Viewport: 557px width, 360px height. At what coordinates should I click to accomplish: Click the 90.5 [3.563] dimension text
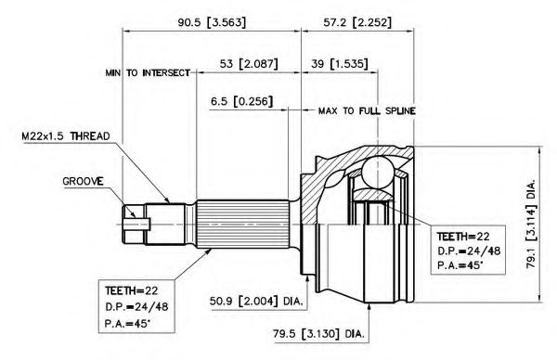(212, 22)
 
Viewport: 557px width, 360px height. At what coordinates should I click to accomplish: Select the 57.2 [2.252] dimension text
(357, 22)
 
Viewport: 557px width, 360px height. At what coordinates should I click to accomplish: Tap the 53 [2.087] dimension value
(249, 64)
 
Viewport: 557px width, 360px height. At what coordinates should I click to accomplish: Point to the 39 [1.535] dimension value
(340, 64)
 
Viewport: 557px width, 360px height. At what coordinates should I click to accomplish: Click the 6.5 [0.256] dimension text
(242, 101)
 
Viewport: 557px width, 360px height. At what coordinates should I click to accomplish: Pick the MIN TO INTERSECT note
(148, 72)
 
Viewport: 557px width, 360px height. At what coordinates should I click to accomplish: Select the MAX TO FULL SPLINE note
(367, 110)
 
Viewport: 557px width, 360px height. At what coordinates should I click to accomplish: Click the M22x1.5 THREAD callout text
(66, 136)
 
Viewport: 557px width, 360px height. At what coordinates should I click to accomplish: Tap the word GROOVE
(84, 182)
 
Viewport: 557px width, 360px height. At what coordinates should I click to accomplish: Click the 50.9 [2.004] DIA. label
(256, 302)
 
